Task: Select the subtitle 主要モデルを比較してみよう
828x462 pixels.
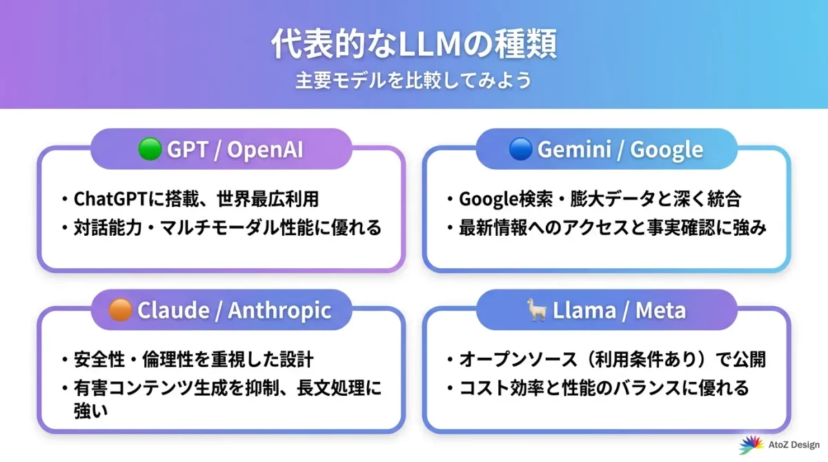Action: (413, 81)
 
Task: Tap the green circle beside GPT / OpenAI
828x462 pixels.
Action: (149, 149)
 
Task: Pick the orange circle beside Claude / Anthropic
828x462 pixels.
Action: (120, 310)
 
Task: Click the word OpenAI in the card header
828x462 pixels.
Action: (265, 150)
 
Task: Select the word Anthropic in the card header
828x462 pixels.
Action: (279, 310)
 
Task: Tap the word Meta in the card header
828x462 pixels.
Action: (660, 310)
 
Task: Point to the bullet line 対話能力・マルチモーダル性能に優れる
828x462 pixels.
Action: (228, 228)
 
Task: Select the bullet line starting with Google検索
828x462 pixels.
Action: (600, 199)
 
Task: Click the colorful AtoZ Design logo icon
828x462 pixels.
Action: (750, 445)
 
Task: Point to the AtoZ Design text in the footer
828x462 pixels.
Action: (791, 445)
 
